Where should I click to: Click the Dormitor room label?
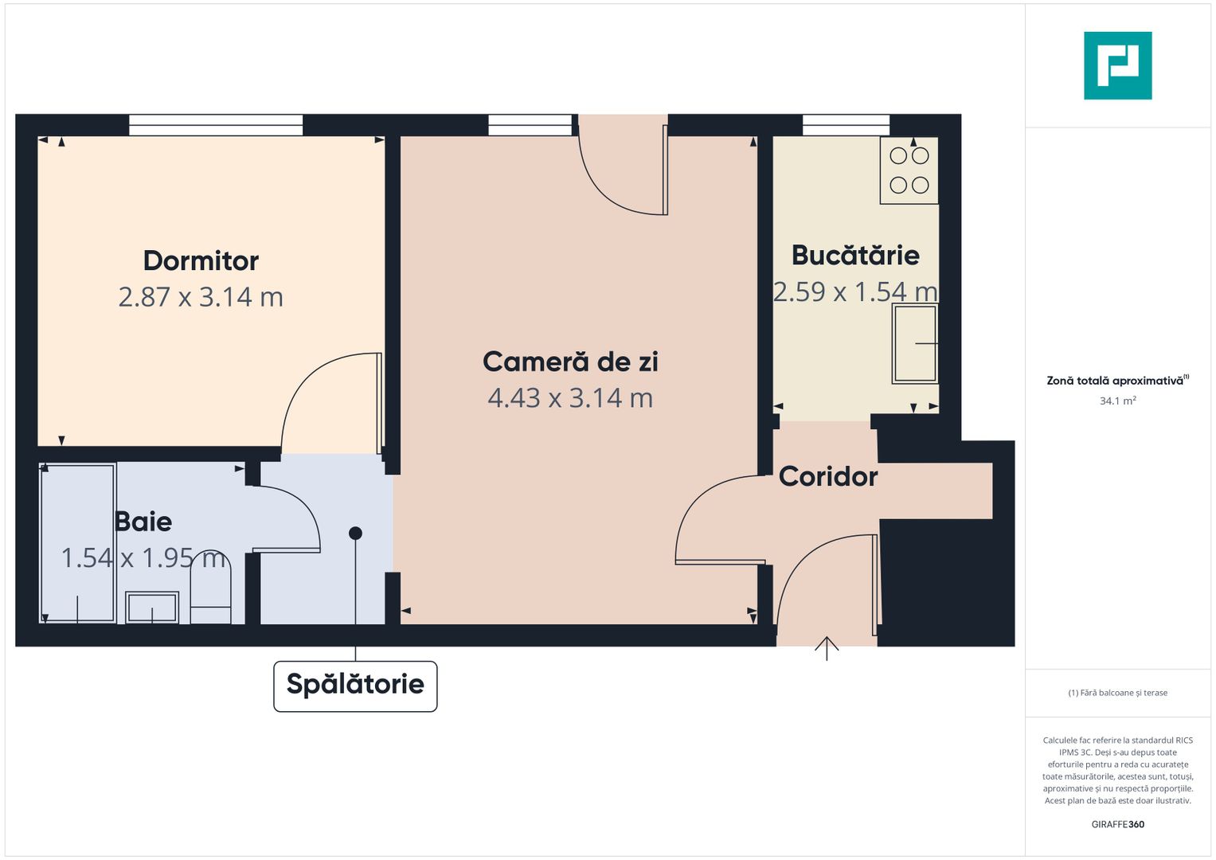201,260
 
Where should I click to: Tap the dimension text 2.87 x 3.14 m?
201,297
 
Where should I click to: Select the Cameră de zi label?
570,362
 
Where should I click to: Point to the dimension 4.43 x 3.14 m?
570,397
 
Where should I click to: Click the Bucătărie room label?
855,255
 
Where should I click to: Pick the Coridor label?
828,476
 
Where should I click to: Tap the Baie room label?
143,522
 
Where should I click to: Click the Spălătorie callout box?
355,685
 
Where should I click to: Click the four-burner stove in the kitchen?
909,170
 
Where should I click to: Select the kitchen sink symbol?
914,344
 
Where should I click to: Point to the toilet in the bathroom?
210,589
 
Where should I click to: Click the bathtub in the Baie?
78,543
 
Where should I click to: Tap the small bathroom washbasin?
152,608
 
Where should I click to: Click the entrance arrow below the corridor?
827,648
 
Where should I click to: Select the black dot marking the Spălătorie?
355,534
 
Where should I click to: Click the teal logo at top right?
1117,66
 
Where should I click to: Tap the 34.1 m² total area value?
1117,401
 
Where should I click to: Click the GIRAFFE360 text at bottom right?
1117,824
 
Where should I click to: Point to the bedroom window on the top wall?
216,125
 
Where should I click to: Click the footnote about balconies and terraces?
1117,693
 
